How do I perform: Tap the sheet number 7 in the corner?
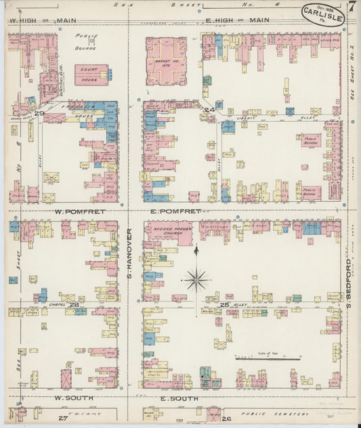tap(352, 8)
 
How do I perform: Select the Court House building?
tap(90, 74)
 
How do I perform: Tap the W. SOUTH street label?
tap(72, 398)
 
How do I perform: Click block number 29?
tap(40, 112)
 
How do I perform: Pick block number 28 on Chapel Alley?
tap(75, 305)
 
